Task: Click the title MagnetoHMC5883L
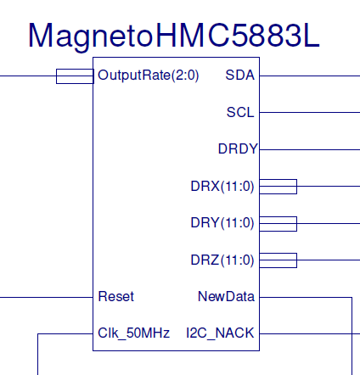(x=175, y=35)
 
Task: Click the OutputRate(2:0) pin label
(x=149, y=76)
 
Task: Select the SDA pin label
(x=239, y=76)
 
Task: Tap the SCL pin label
(x=239, y=112)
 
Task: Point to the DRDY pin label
(x=237, y=149)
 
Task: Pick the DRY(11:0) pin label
(x=222, y=223)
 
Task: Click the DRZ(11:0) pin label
(x=222, y=260)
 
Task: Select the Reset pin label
(x=116, y=297)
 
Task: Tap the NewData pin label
(x=226, y=297)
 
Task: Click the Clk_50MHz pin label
(x=133, y=333)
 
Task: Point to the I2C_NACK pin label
(x=220, y=333)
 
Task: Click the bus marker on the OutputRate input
(x=74, y=76)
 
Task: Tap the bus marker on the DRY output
(x=278, y=223)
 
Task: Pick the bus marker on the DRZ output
(x=278, y=260)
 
